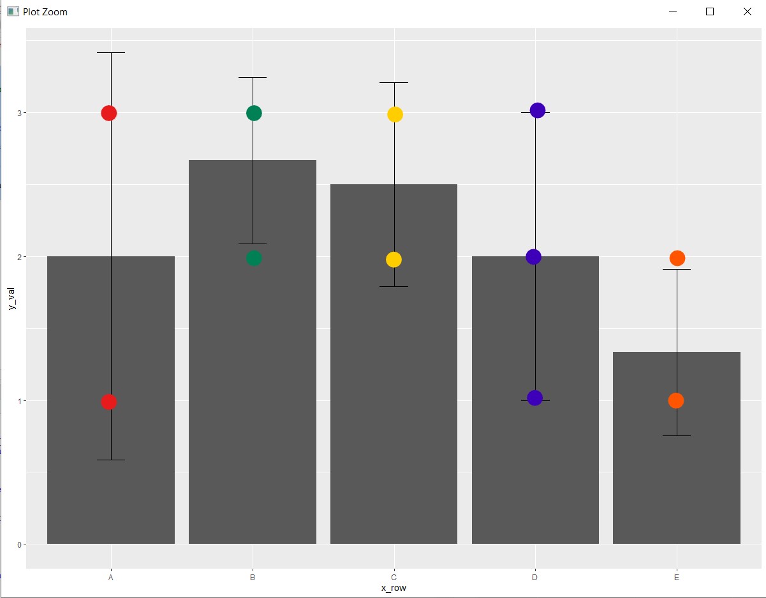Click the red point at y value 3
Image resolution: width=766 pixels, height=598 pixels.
pyautogui.click(x=109, y=113)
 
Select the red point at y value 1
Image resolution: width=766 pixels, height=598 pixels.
pyautogui.click(x=109, y=402)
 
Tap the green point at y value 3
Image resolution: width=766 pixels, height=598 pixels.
pyautogui.click(x=254, y=113)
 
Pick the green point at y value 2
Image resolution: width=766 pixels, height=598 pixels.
pyautogui.click(x=254, y=258)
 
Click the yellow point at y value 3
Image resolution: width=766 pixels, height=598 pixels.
pyautogui.click(x=395, y=115)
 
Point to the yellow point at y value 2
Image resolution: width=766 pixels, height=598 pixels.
pyautogui.click(x=394, y=259)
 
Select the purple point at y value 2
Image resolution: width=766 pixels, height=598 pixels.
pyautogui.click(x=533, y=257)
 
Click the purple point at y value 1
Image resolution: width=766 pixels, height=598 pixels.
pyautogui.click(x=534, y=398)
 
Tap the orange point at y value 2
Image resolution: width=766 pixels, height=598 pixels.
pyautogui.click(x=677, y=258)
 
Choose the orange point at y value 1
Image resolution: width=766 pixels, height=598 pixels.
pyautogui.click(x=676, y=401)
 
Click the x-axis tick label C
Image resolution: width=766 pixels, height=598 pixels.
pyautogui.click(x=394, y=578)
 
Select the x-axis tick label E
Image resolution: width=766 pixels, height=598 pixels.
pyautogui.click(x=677, y=578)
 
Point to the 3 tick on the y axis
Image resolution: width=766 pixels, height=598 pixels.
pyautogui.click(x=19, y=113)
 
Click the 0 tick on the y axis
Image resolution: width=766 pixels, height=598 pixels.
pyautogui.click(x=19, y=545)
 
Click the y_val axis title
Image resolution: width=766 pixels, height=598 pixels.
pyautogui.click(x=11, y=298)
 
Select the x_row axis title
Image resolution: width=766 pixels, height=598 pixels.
pyautogui.click(x=394, y=588)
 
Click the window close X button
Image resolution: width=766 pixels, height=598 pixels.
pyautogui.click(x=748, y=11)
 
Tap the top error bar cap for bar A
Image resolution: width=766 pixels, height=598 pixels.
pyautogui.click(x=111, y=52)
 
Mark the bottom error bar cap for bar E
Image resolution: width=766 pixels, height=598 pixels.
pyautogui.click(x=677, y=435)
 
